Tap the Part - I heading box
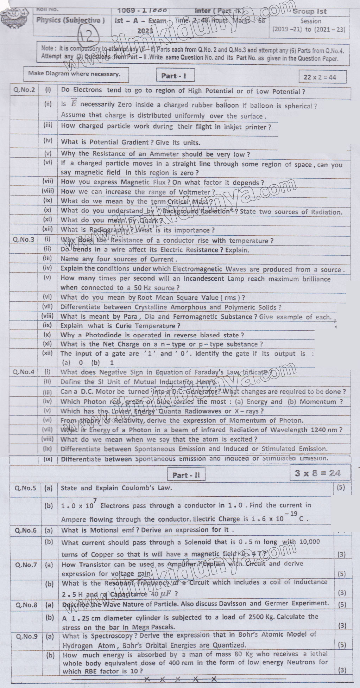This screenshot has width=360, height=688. pyautogui.click(x=173, y=76)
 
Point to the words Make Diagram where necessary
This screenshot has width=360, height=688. pyautogui.click(x=74, y=74)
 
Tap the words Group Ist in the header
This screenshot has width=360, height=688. pyautogui.click(x=309, y=12)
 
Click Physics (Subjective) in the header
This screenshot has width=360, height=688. pyautogui.click(x=70, y=20)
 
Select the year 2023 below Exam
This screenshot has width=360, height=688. pyautogui.click(x=145, y=31)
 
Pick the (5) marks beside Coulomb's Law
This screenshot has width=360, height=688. pyautogui.click(x=341, y=488)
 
